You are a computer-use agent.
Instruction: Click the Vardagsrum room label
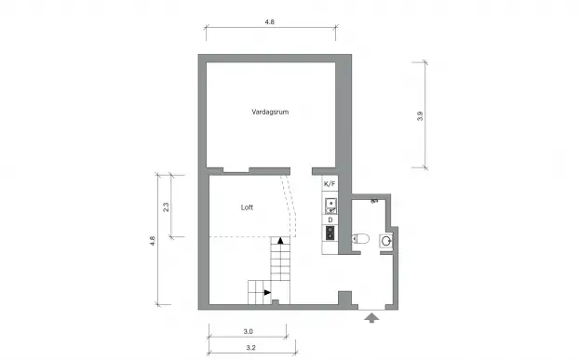270,112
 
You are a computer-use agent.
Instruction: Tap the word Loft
247,207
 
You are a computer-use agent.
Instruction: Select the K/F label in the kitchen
330,184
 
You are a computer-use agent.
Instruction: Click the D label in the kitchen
330,220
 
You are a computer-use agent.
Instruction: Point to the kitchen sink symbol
330,205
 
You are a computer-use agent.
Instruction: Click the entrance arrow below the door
371,320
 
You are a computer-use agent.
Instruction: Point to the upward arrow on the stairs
279,242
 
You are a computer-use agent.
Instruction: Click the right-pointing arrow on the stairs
268,293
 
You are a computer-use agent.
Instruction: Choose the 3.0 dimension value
249,331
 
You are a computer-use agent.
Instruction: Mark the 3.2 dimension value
250,349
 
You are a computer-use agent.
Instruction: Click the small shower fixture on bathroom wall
374,199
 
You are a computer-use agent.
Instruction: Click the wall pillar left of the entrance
344,300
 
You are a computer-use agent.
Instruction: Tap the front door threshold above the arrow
371,308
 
